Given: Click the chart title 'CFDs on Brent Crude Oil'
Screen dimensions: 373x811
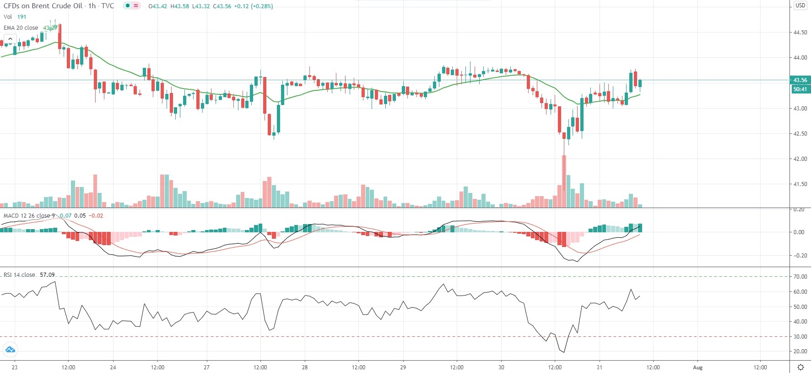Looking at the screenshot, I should [x=43, y=6].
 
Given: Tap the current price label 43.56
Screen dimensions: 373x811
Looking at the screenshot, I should [x=800, y=80].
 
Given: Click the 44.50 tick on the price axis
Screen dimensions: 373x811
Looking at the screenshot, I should [x=800, y=33].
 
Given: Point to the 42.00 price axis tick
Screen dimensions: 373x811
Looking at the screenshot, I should [x=800, y=159].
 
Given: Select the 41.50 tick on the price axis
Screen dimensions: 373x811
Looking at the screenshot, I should [x=800, y=184].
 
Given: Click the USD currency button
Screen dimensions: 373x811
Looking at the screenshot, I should [x=800, y=5].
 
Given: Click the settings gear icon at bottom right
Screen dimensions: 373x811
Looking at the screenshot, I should [x=800, y=367].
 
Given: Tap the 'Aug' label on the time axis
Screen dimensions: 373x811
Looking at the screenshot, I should [x=697, y=367].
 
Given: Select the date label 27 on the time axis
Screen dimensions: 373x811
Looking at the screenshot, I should [x=206, y=367].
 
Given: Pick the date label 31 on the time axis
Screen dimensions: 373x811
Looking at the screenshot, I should [x=599, y=367].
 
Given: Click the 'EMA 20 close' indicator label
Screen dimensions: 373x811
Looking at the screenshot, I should [x=21, y=28].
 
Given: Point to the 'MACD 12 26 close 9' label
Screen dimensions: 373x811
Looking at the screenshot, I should [x=29, y=216].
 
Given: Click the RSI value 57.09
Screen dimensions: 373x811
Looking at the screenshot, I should [x=47, y=275].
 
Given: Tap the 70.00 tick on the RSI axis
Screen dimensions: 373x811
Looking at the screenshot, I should [x=800, y=277].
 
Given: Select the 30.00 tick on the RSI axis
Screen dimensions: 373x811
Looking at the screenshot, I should [x=800, y=337].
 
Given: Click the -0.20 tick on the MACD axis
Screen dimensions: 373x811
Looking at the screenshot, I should [x=799, y=256].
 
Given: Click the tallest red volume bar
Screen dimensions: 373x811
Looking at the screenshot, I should [x=564, y=181].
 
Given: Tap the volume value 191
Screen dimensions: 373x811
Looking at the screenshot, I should [x=22, y=17].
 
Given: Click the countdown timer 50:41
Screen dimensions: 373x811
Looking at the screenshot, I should [x=800, y=89].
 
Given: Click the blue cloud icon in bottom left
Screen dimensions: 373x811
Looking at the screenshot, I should [x=10, y=350].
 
